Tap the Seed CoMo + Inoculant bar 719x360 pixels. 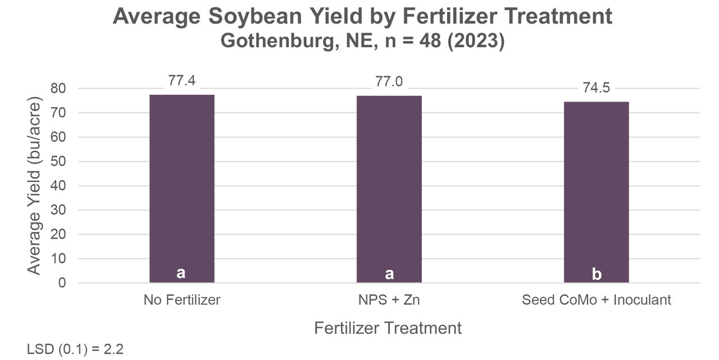(x=596, y=192)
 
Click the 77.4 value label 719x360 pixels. (x=181, y=81)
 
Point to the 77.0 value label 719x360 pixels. (x=389, y=82)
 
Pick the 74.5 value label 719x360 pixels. (x=596, y=88)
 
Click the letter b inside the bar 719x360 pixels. (x=597, y=274)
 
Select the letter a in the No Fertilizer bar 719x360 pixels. (x=181, y=273)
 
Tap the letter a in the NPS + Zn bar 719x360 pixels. (x=389, y=274)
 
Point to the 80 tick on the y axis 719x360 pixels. (x=58, y=89)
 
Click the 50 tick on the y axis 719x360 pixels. (x=58, y=162)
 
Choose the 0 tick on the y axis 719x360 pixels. (x=62, y=283)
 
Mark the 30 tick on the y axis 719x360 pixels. (x=58, y=210)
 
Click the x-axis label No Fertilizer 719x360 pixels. (x=181, y=300)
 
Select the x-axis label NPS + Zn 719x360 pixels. (x=389, y=300)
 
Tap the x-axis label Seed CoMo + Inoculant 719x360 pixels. (x=596, y=300)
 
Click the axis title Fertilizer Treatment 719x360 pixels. (x=388, y=328)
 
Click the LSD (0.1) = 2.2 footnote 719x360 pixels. (x=75, y=349)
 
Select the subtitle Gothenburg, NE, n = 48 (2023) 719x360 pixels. (x=362, y=42)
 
